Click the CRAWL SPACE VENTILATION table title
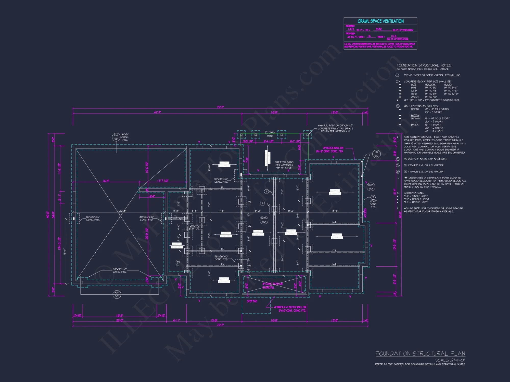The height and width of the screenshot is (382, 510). coord(380,21)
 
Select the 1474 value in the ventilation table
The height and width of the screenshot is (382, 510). coord(351,29)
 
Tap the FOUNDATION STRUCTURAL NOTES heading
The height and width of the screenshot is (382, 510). coord(424,65)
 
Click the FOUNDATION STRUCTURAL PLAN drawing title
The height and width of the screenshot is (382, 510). coord(420,353)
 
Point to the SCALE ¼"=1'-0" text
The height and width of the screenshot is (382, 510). coord(450,360)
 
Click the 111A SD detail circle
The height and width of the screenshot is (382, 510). coord(116,137)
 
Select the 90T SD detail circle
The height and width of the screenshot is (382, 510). coord(117,294)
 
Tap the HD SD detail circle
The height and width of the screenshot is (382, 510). coord(376,154)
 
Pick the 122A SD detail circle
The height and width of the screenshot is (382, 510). coord(264,220)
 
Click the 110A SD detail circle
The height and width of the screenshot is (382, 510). coord(371,187)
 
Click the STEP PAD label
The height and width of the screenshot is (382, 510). coord(252,301)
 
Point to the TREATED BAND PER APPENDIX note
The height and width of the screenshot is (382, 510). coord(284,165)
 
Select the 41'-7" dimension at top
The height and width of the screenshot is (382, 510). coord(157,112)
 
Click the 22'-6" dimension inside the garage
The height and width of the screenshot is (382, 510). coord(123,211)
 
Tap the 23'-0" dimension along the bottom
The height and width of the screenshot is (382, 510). coord(120,320)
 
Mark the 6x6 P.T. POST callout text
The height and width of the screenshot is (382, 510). coord(335,128)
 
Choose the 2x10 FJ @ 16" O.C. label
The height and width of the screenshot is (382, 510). coord(195,227)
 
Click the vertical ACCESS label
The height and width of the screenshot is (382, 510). coord(365,213)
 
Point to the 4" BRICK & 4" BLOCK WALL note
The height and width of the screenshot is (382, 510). coord(290,309)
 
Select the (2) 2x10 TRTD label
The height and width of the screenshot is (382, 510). coord(270,134)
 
